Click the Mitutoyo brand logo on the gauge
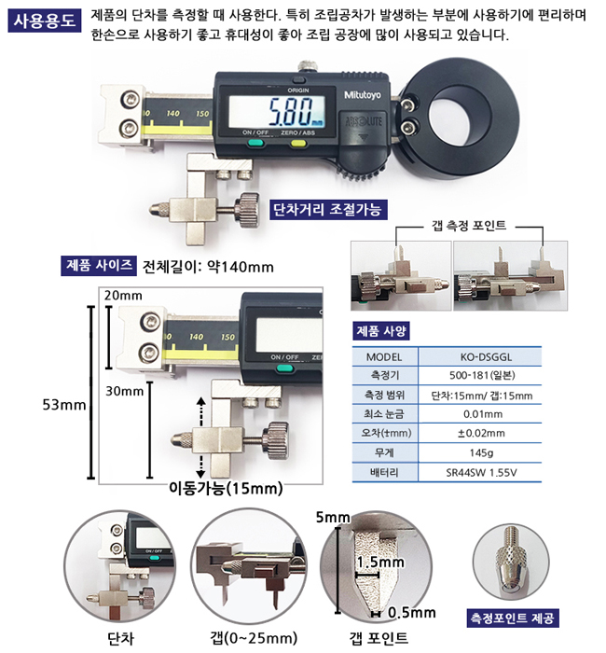pyautogui.click(x=362, y=95)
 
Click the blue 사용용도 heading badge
pyautogui.click(x=45, y=21)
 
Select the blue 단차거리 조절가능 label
pyautogui.click(x=328, y=210)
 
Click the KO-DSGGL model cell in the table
pyautogui.click(x=486, y=357)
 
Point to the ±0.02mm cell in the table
pyautogui.click(x=481, y=433)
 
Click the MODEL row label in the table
pyautogui.click(x=384, y=357)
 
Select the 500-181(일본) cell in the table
pyautogui.click(x=482, y=375)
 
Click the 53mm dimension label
pyautogui.click(x=64, y=405)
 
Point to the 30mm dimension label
pyautogui.click(x=124, y=391)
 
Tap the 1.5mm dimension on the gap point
pyautogui.click(x=380, y=563)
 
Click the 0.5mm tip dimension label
pyautogui.click(x=412, y=613)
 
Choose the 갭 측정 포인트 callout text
pyautogui.click(x=469, y=226)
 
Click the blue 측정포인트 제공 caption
pyautogui.click(x=512, y=618)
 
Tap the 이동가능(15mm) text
pyautogui.click(x=226, y=488)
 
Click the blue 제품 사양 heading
pyautogui.click(x=380, y=331)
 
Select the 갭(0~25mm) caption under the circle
pyautogui.click(x=254, y=637)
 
